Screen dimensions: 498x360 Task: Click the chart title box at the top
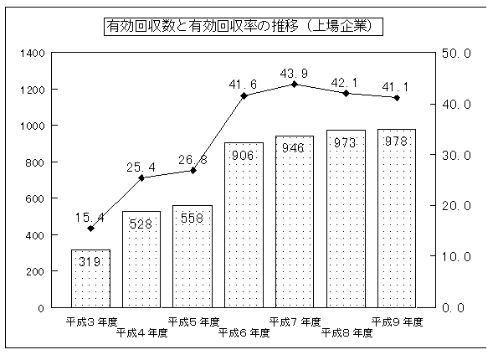coord(244,27)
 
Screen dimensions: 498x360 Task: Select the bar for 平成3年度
coord(91,279)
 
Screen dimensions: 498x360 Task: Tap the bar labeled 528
coord(141,260)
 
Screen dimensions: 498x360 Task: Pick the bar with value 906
coord(244,225)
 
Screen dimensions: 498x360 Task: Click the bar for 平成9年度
coord(397,219)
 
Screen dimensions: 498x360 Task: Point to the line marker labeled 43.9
coord(295,85)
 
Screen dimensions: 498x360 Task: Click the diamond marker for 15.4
coord(91,228)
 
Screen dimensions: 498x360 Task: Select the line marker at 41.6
coord(244,95)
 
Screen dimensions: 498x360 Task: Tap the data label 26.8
coord(193,160)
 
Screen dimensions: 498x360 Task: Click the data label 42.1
coord(344,83)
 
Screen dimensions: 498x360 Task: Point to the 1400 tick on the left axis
coord(33,53)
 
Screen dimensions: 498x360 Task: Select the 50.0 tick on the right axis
coord(456,54)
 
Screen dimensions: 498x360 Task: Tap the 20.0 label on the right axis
coord(456,206)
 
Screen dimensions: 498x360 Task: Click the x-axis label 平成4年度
coord(141,333)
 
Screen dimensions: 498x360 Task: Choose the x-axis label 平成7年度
coord(295,322)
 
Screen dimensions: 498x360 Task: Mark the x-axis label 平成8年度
coord(347,333)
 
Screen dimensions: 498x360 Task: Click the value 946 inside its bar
coord(293,147)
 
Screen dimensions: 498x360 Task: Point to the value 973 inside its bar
coord(345,143)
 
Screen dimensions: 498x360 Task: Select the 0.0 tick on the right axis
coord(453,307)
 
